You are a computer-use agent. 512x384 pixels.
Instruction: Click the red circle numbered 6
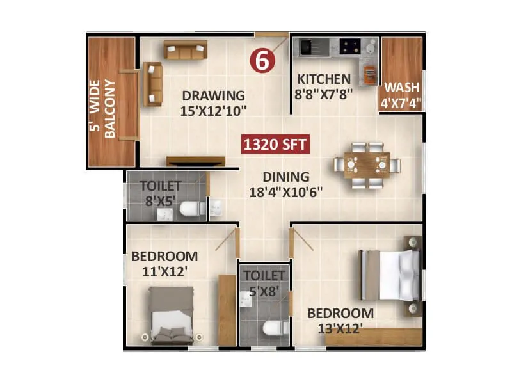(x=262, y=61)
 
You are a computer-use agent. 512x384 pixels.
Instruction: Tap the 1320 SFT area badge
(x=276, y=144)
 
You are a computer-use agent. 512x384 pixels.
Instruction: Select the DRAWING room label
(x=214, y=102)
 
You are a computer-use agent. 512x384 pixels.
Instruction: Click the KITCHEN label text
(x=323, y=86)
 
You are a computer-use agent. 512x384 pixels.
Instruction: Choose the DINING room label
(x=285, y=184)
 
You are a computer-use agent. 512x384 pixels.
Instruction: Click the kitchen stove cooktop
(x=349, y=46)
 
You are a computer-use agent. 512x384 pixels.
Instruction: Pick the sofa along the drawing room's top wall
(x=185, y=49)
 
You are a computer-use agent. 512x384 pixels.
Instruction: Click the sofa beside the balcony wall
(x=152, y=83)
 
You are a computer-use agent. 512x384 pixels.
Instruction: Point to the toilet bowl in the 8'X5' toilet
(x=191, y=209)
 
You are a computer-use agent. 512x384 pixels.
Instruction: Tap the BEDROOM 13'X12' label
(x=340, y=320)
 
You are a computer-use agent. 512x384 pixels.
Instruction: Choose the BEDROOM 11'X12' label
(x=164, y=264)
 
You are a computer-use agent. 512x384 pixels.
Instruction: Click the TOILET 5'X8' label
(x=264, y=282)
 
